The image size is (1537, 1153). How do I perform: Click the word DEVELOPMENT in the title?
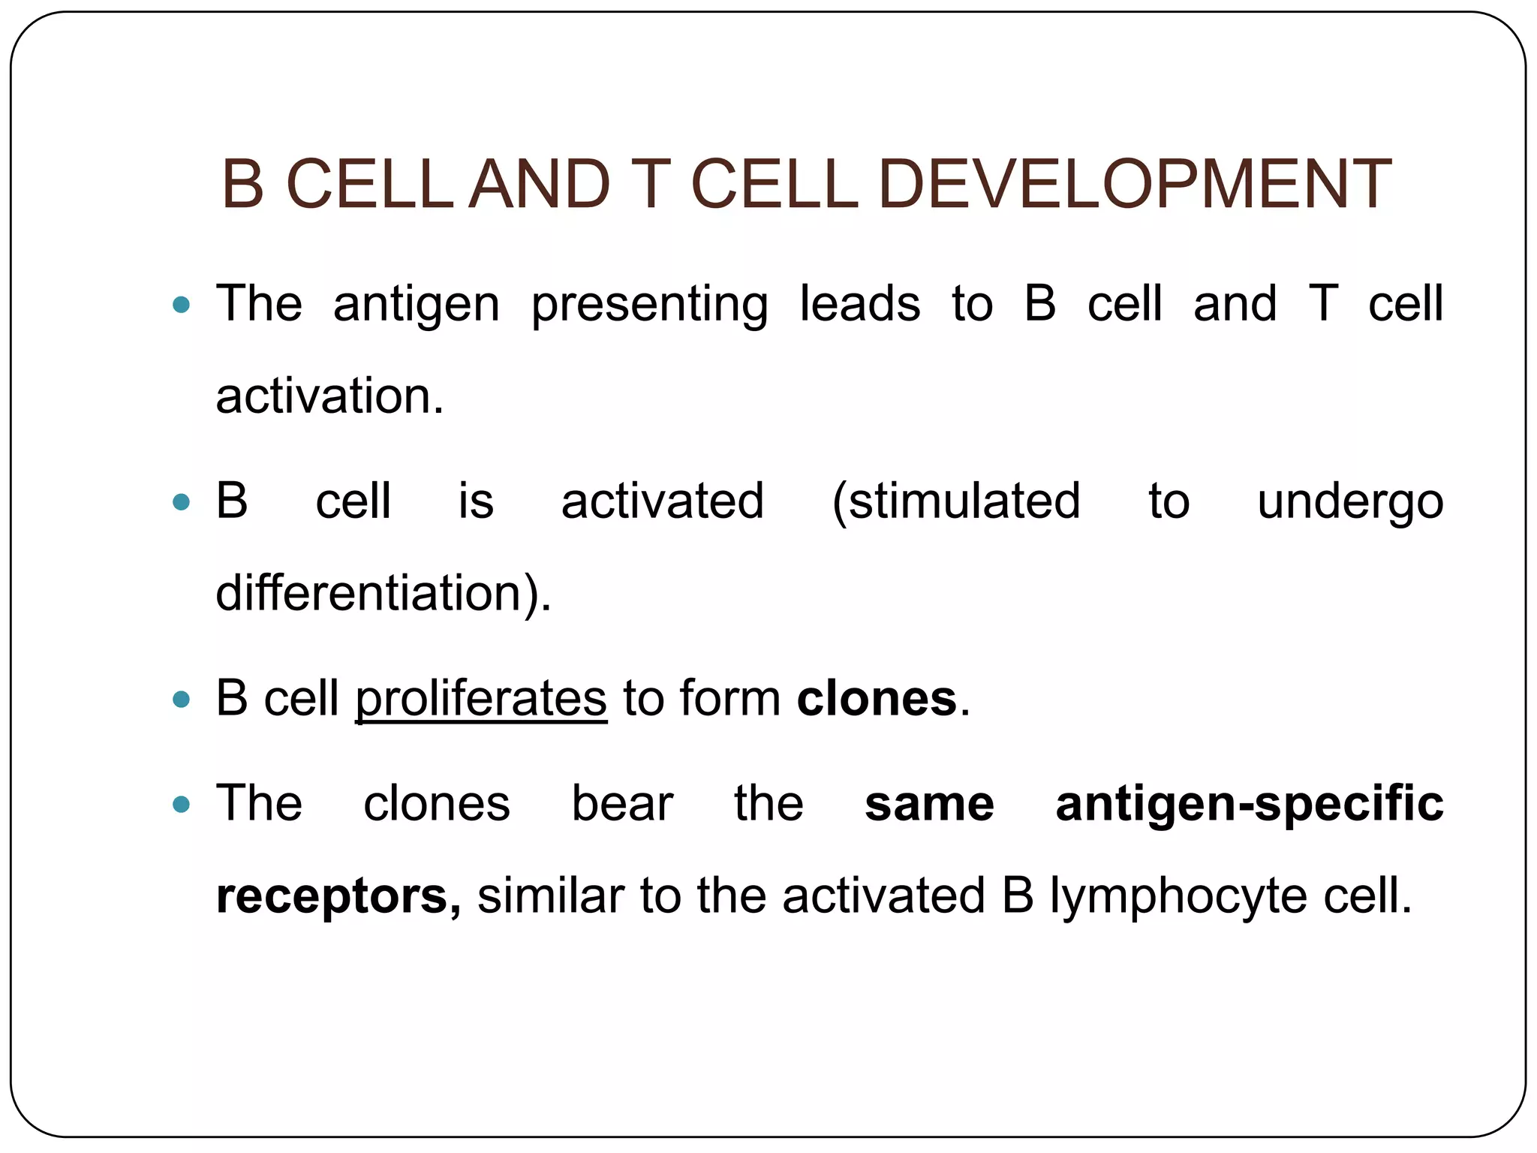point(1134,184)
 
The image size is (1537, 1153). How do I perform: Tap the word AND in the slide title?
point(539,184)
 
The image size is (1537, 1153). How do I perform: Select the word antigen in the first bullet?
point(417,304)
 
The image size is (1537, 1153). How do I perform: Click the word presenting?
point(650,304)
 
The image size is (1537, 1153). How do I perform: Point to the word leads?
point(860,304)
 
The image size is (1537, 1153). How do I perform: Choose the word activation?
point(329,396)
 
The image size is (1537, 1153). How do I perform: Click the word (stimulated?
point(956,501)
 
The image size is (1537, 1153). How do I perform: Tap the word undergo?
point(1350,501)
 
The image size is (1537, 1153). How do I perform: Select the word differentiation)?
point(383,593)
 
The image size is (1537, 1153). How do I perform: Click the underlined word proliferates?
point(481,698)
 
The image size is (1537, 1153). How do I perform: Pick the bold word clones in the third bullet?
point(877,698)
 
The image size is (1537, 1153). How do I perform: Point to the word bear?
point(622,803)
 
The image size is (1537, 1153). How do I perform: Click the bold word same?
point(929,803)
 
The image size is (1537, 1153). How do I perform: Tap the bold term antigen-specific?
point(1250,803)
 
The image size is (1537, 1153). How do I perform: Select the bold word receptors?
point(338,896)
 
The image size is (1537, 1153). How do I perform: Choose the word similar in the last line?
point(551,896)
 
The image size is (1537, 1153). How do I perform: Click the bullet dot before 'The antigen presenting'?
point(181,305)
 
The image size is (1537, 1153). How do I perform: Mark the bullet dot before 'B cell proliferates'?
point(181,700)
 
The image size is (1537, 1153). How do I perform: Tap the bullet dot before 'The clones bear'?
point(181,805)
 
